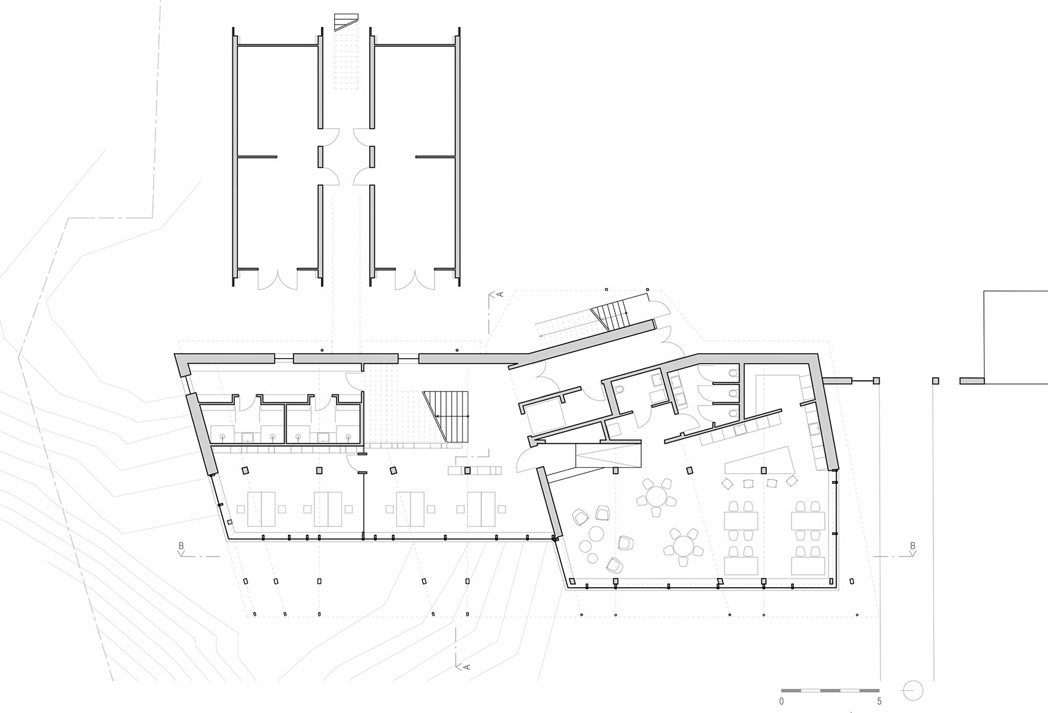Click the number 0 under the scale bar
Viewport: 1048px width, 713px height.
[781, 701]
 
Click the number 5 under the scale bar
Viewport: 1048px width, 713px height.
[879, 701]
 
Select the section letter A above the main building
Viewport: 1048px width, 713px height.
[500, 294]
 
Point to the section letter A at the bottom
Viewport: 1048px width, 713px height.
[467, 667]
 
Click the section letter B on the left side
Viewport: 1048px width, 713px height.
[181, 545]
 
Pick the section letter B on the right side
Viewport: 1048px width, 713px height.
[912, 545]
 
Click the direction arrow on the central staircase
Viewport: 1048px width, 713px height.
[451, 415]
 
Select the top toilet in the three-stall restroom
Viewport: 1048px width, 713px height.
[733, 373]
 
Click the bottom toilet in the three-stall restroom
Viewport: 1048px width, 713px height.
[733, 414]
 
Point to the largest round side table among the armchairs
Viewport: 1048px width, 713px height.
[596, 534]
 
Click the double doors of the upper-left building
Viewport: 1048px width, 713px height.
[278, 279]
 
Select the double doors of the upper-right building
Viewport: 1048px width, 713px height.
[415, 279]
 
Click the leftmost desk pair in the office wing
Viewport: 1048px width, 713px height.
[261, 509]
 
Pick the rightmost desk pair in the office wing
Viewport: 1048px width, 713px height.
[481, 509]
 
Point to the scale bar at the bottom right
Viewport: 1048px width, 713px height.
[830, 690]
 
